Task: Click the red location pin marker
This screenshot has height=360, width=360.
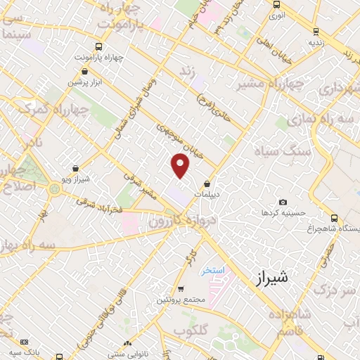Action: (181, 166)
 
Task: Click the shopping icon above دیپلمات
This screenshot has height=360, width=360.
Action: (207, 184)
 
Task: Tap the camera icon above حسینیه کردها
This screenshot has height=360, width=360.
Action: (283, 202)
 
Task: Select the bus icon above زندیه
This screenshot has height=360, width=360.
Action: (315, 31)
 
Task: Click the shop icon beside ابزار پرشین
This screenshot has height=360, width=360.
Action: (85, 71)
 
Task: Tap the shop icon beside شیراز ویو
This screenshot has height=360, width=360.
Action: (75, 168)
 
